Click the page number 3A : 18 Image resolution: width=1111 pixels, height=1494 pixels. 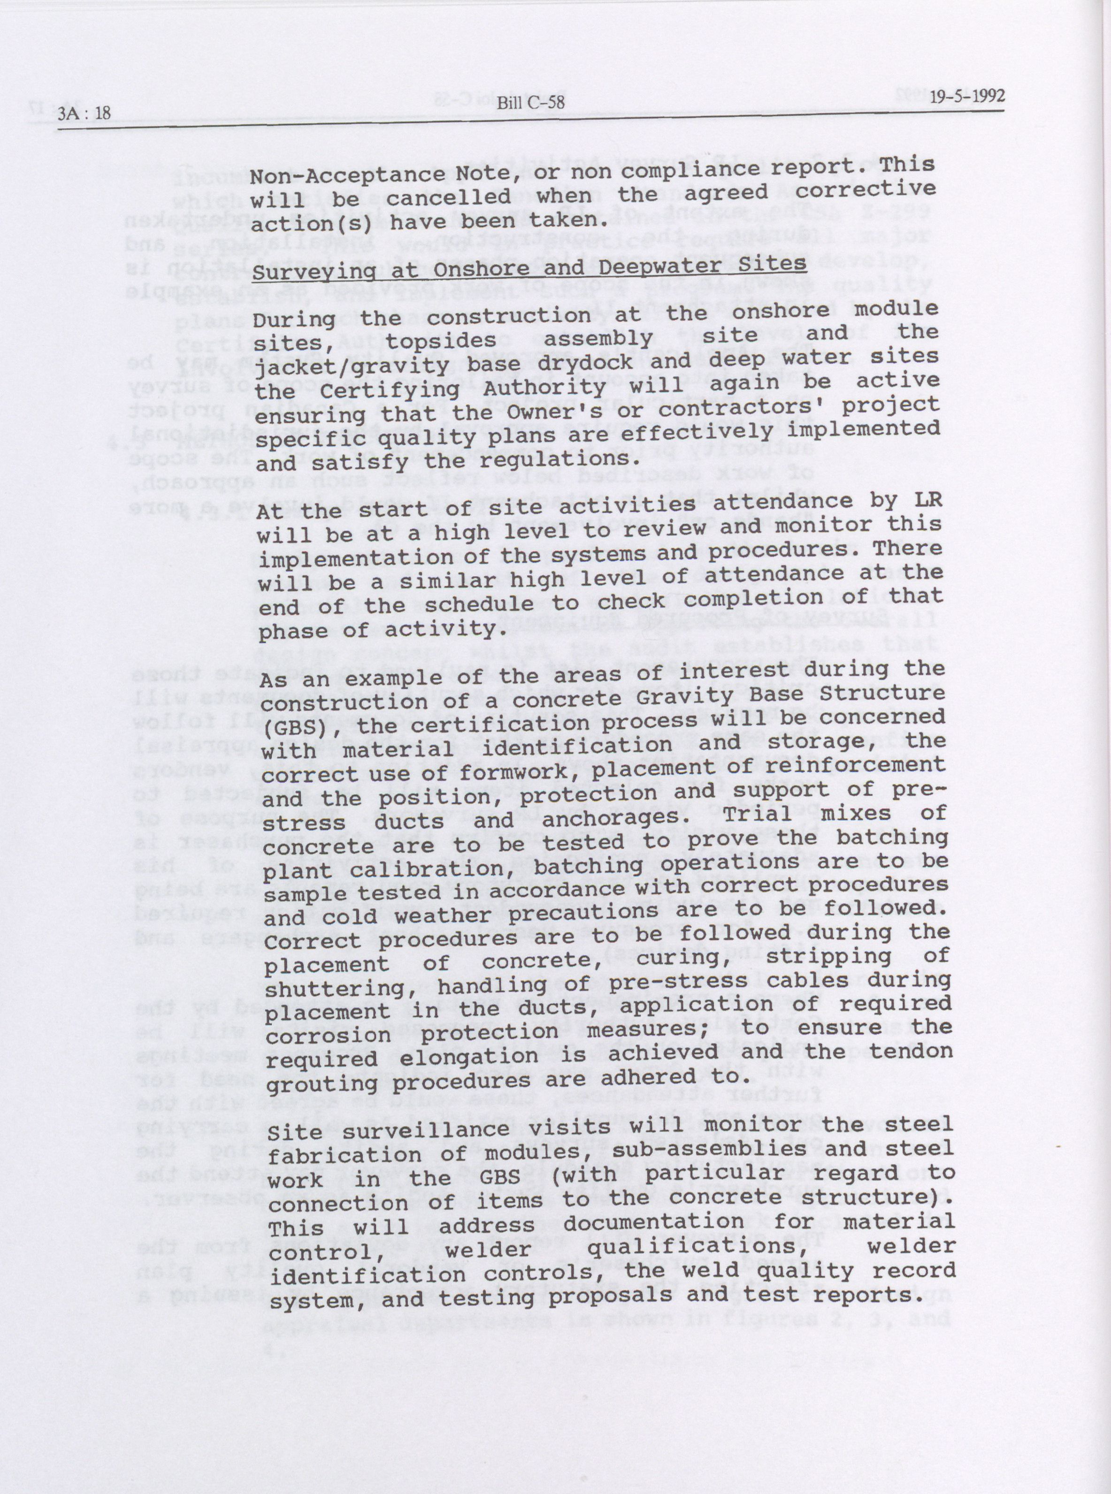(84, 113)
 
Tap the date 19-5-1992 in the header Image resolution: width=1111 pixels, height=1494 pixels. (968, 96)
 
